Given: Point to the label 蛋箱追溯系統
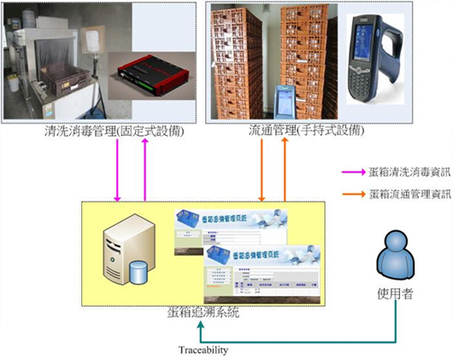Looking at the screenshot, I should (203, 314).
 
